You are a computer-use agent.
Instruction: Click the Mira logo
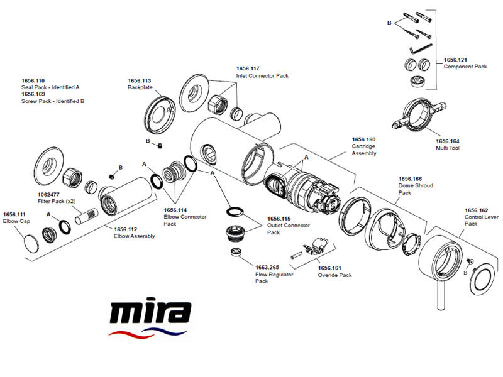[149, 317]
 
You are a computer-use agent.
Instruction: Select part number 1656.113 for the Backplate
[140, 80]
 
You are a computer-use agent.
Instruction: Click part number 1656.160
[363, 139]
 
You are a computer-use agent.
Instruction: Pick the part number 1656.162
[477, 210]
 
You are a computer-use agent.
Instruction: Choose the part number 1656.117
[248, 68]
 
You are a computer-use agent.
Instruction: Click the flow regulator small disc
[236, 253]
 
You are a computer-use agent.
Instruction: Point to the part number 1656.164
[448, 141]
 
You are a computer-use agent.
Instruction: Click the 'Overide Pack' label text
[334, 275]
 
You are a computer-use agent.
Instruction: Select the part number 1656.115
[279, 219]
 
